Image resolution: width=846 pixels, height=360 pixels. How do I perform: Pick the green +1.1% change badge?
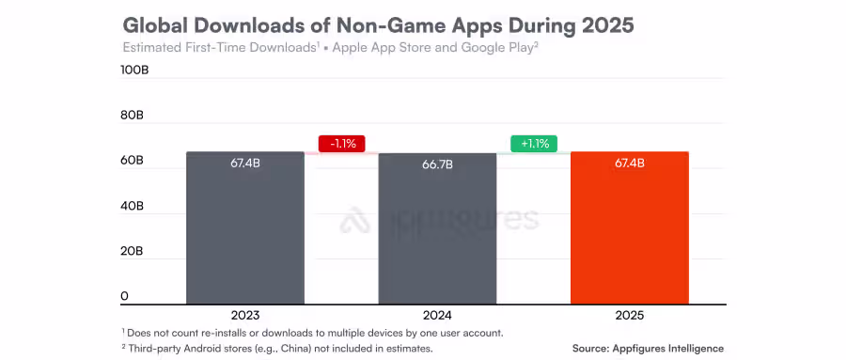click(x=534, y=144)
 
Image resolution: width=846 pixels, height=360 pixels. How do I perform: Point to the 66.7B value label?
click(x=437, y=164)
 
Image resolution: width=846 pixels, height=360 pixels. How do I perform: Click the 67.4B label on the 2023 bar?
click(x=244, y=163)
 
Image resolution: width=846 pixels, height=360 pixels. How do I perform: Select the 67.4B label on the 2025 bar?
click(x=630, y=163)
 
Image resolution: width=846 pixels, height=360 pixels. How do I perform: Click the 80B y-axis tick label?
click(x=132, y=116)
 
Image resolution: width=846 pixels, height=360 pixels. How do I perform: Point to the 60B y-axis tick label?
click(x=132, y=161)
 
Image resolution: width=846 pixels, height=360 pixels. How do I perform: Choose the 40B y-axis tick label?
click(x=132, y=206)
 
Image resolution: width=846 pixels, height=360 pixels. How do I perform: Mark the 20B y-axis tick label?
click(x=132, y=251)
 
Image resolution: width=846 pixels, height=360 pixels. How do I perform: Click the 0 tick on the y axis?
click(x=124, y=296)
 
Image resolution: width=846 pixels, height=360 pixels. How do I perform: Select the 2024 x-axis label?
click(x=437, y=315)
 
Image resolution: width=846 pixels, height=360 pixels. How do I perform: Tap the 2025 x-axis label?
click(x=630, y=315)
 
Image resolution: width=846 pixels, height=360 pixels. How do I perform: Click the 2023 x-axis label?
click(x=244, y=315)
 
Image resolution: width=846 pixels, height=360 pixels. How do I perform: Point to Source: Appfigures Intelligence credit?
click(x=648, y=349)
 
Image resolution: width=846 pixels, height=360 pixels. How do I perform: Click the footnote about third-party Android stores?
click(x=277, y=349)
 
